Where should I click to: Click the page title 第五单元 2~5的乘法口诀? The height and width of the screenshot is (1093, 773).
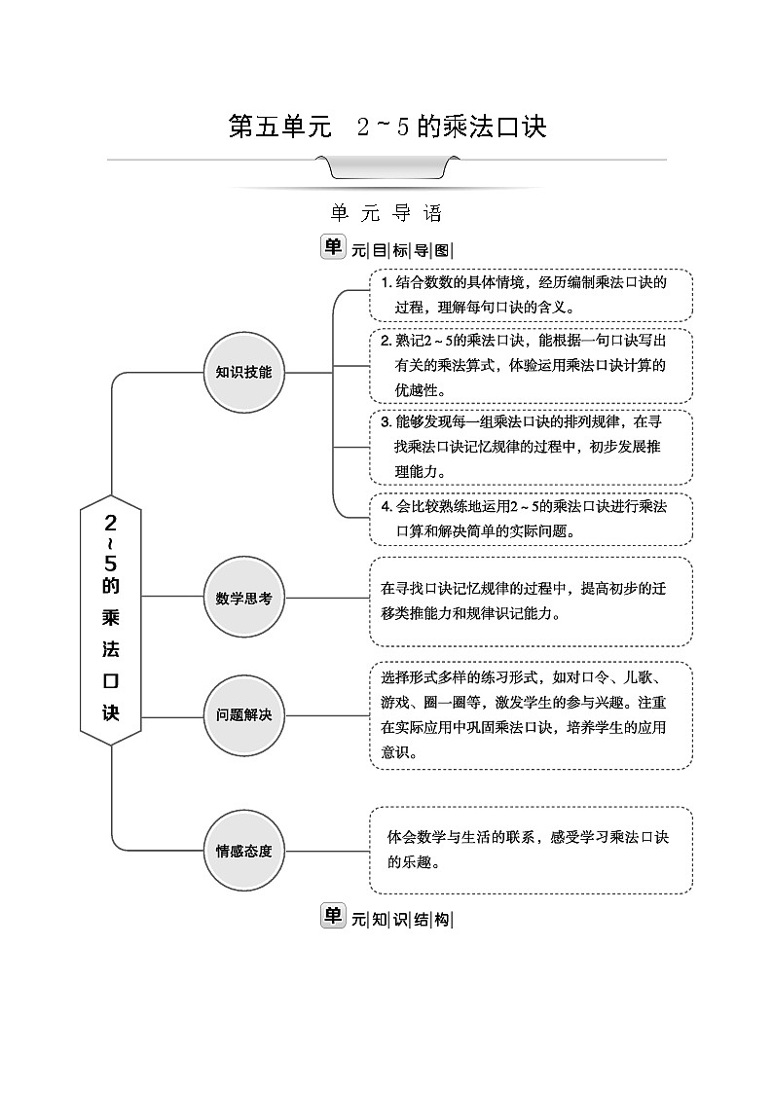(386, 128)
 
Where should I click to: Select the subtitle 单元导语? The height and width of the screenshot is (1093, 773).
(386, 213)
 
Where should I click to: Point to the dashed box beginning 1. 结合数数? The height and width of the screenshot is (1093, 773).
(531, 295)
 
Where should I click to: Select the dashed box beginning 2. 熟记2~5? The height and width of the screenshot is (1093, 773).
(531, 365)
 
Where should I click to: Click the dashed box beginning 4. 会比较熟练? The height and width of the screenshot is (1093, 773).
(531, 519)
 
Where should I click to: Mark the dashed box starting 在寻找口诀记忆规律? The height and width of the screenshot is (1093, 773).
(531, 601)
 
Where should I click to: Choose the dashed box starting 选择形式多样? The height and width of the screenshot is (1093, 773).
(531, 714)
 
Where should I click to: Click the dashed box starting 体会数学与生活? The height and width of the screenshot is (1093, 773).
(531, 850)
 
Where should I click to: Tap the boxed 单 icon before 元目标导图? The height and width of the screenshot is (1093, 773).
(333, 247)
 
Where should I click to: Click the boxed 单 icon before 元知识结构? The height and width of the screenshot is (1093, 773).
(333, 916)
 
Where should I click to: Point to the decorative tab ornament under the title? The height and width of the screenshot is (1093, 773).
(387, 171)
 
